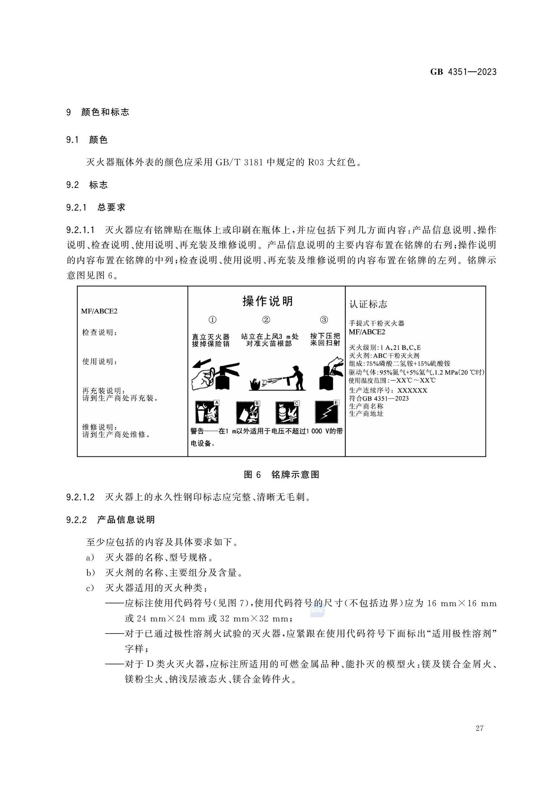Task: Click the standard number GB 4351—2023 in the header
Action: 463,72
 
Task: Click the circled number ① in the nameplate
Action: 212,320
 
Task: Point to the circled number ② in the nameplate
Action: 266,320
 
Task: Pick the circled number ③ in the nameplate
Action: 324,320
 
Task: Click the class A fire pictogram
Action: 207,412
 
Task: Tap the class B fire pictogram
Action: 247,413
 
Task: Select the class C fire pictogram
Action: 287,413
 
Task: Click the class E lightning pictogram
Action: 327,412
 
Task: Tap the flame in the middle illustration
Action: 255,383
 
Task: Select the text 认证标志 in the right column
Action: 368,304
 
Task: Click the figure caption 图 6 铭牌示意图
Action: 281,475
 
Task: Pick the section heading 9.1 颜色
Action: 87,140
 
